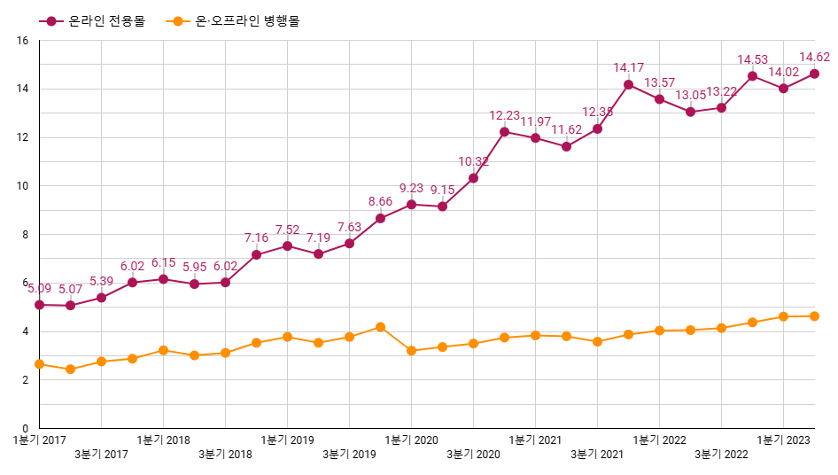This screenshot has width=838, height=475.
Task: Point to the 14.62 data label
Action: point(814,58)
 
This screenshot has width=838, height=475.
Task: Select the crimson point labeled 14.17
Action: point(628,85)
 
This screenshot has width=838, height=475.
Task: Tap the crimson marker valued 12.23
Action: point(504,132)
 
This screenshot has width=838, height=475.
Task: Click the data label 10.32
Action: point(473,161)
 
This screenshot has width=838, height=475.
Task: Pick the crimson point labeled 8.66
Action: point(380,218)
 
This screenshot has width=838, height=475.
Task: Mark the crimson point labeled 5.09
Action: point(39,305)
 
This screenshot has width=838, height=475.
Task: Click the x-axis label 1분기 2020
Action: point(412,440)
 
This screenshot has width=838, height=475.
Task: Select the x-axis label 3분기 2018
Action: point(225,455)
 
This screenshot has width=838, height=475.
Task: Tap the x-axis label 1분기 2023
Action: point(784,440)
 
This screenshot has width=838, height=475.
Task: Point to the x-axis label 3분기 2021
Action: point(597,455)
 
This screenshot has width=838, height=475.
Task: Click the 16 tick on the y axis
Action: point(23,41)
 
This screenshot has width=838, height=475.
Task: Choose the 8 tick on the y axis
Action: point(26,235)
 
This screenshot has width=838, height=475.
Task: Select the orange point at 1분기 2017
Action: point(39,364)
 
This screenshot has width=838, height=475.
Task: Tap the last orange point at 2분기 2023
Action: point(814,316)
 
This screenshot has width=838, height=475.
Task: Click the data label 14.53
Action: point(752,60)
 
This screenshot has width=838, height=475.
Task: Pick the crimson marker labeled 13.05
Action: point(690,112)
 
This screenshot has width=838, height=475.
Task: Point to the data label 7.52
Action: point(287,230)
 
